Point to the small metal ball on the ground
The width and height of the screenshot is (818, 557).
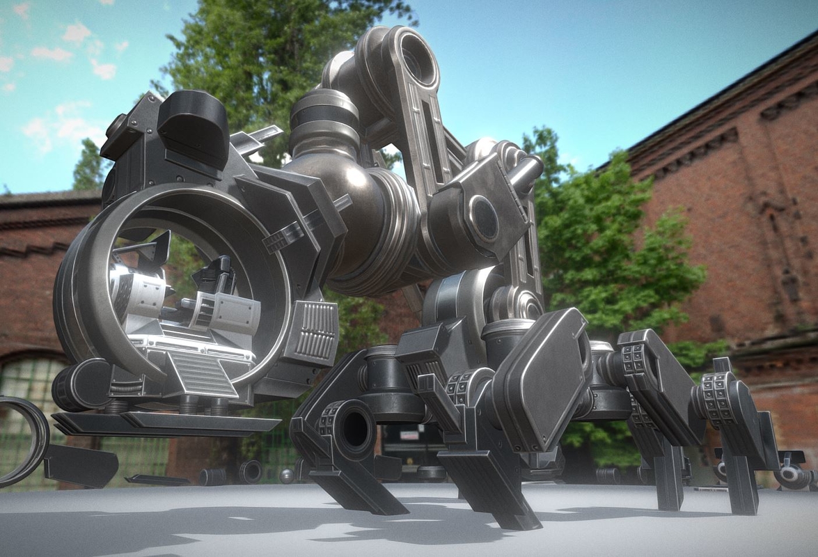tap(286, 476)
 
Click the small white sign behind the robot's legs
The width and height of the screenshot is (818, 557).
tap(409, 435)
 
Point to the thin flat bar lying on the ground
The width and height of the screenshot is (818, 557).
tap(157, 480)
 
